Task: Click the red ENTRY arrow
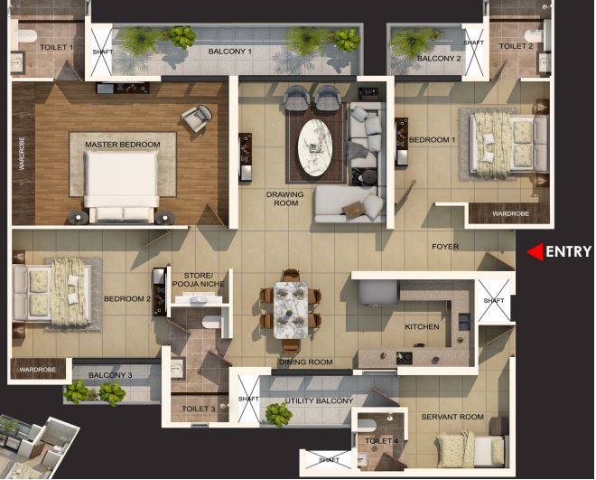coord(535,253)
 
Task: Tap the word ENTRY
coord(567,253)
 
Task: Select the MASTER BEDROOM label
coord(123,145)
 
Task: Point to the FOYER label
coord(445,246)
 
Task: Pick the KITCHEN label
coord(422,327)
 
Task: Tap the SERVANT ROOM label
coord(452,417)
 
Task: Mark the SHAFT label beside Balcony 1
coord(103,52)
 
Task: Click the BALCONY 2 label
coord(439,59)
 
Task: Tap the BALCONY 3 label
coord(110,375)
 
